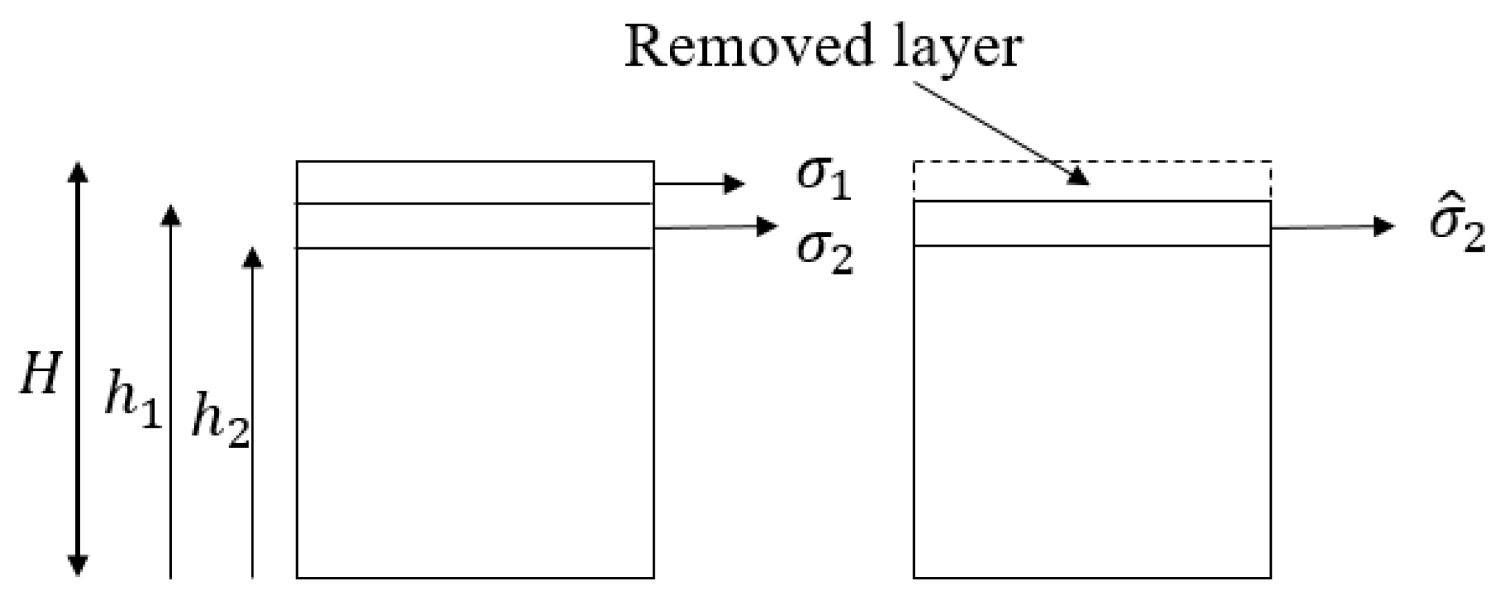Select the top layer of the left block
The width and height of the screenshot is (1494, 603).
tap(474, 182)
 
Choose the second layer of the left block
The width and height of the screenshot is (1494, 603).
tap(474, 226)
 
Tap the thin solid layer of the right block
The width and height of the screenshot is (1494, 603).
tap(1092, 223)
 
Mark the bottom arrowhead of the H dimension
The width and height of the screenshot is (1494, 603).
tap(78, 565)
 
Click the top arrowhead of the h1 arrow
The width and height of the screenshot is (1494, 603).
tap(170, 215)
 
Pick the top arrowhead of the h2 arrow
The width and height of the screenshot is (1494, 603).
tap(253, 257)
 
